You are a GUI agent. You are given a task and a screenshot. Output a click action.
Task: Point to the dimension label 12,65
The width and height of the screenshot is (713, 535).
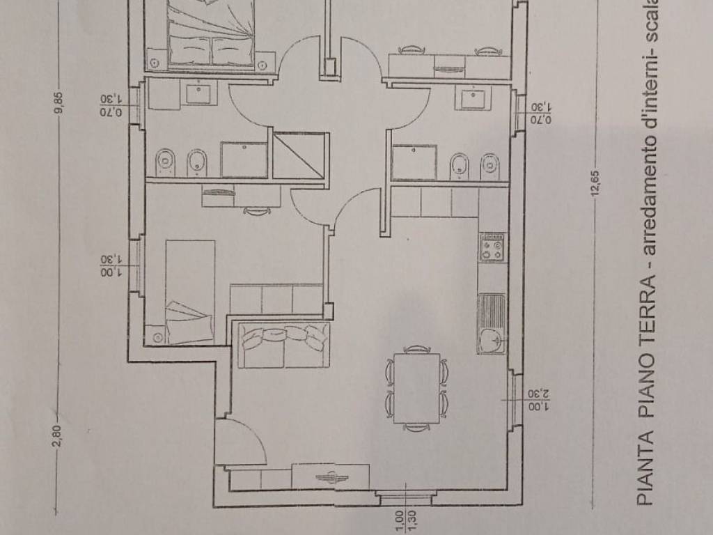point(596,184)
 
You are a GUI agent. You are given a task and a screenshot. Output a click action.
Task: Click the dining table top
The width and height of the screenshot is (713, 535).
point(417,388)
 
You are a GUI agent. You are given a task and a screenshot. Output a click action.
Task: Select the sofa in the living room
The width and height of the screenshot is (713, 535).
point(284,344)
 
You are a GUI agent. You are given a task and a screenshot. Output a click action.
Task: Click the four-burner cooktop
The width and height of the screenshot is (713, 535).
point(492,247)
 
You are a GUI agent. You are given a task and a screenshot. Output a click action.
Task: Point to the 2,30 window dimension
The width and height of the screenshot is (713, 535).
point(540,394)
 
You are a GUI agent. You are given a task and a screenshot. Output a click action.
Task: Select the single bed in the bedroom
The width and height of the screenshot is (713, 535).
point(190,292)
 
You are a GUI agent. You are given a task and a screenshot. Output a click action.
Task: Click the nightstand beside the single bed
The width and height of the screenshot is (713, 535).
point(156,336)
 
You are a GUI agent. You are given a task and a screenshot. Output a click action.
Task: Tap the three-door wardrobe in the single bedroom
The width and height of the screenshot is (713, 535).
point(276,299)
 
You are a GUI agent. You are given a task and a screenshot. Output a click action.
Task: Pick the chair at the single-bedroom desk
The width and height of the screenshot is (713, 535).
point(257,210)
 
